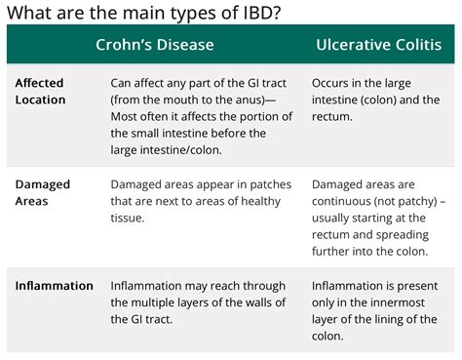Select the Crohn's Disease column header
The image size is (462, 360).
pos(155,45)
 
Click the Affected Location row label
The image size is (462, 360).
pos(40,92)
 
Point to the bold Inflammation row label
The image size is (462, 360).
pos(55,286)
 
